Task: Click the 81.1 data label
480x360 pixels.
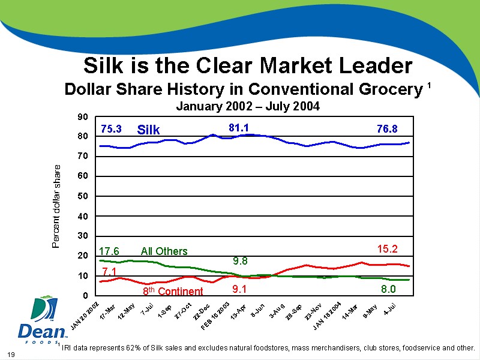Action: coord(239,127)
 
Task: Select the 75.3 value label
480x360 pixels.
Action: coord(111,128)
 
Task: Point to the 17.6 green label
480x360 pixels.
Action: coord(109,251)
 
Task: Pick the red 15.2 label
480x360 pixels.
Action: coord(387,247)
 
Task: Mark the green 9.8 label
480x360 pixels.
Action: coord(240,260)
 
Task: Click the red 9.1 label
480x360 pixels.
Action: coord(240,289)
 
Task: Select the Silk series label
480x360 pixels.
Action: coord(149,130)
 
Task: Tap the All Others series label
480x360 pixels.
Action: coord(164,251)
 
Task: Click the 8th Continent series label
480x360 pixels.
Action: coord(173,292)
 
